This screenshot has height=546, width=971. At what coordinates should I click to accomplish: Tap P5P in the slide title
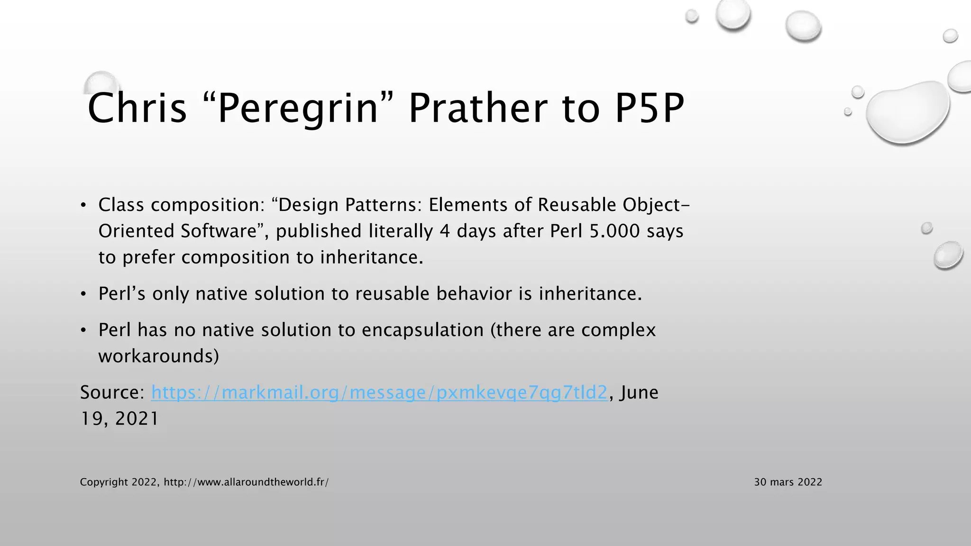649,109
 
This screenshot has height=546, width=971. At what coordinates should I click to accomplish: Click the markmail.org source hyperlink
379,392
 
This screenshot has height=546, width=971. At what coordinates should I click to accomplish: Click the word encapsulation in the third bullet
422,330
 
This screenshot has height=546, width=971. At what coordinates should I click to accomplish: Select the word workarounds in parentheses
156,356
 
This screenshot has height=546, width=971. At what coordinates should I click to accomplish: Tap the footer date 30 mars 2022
788,482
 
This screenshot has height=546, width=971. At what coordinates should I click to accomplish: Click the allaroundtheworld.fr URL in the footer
246,482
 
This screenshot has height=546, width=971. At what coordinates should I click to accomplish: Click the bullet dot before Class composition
83,205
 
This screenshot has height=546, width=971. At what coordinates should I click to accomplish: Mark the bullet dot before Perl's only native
83,294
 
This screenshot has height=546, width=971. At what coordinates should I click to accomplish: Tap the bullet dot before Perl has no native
83,330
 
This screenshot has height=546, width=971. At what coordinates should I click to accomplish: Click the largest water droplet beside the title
908,111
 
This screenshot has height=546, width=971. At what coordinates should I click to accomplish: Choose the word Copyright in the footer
104,482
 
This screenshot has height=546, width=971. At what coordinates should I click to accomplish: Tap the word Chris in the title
137,109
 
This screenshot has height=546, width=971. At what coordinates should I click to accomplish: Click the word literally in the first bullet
401,231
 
